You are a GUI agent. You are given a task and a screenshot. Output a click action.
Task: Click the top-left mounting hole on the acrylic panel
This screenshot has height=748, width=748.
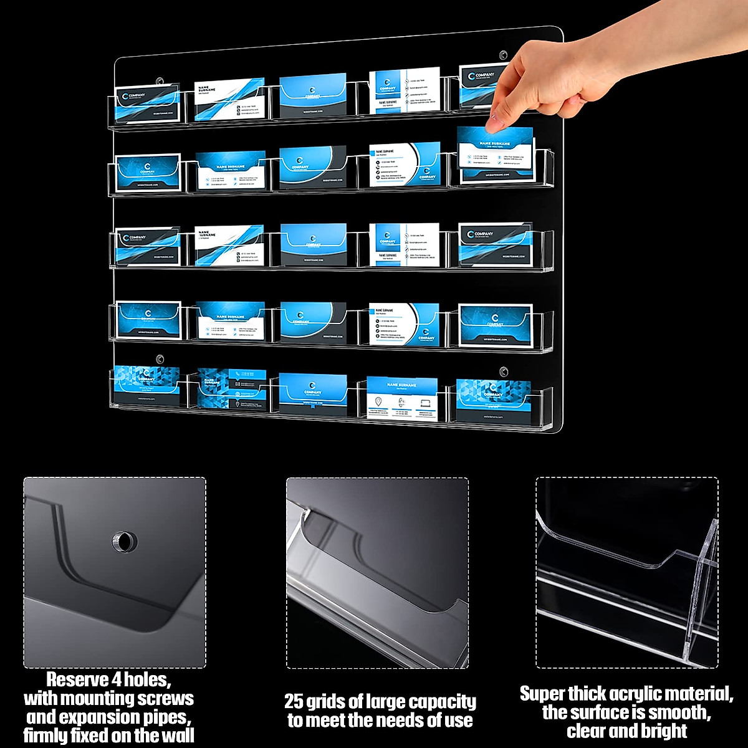(160, 81)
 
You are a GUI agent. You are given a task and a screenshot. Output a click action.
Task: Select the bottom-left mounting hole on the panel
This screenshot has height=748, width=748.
(160, 359)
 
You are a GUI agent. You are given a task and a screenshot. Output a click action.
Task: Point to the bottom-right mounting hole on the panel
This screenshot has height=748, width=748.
(502, 372)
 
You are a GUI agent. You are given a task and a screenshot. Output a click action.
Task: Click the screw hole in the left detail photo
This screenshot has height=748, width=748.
(123, 542)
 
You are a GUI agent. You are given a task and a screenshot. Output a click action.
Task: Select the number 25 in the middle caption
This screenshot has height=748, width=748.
(296, 702)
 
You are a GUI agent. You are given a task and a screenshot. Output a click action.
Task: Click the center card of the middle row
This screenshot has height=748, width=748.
(313, 245)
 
